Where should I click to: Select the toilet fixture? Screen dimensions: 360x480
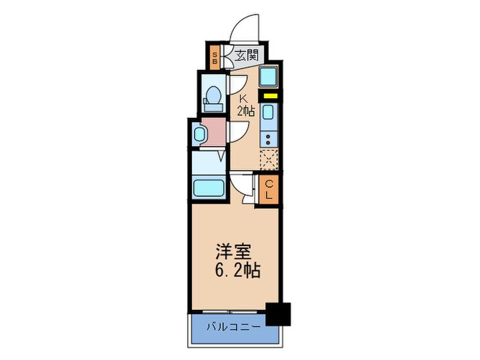pyautogui.click(x=213, y=97)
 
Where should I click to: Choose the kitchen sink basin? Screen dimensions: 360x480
pyautogui.click(x=269, y=112)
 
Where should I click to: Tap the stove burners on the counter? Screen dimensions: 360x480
pyautogui.click(x=269, y=139)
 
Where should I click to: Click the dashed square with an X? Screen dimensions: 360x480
pyautogui.click(x=269, y=158)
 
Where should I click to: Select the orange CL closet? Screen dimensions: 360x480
pyautogui.click(x=269, y=189)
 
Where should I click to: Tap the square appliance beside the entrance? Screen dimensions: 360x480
pyautogui.click(x=269, y=75)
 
